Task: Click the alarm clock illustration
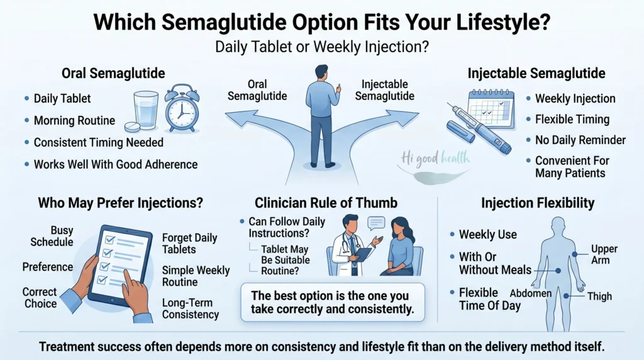[x=182, y=108]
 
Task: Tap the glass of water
[x=146, y=110]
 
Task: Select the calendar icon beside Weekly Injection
[x=492, y=108]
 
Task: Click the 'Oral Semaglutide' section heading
[x=113, y=73]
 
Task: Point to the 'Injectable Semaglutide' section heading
[x=536, y=73]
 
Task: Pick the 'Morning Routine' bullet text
[x=74, y=120]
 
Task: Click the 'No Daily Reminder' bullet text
[x=580, y=140]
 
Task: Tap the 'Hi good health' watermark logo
[x=435, y=165]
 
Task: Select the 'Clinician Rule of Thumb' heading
[x=326, y=203]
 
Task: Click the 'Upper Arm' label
[x=604, y=254]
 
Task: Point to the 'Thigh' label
[x=599, y=296]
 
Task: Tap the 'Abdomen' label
[x=531, y=293]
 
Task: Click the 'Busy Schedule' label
[x=52, y=236]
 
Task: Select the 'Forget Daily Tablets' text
[x=189, y=244]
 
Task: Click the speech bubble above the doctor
[x=376, y=223]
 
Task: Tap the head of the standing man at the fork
[x=321, y=72]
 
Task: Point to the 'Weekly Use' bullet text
[x=488, y=235]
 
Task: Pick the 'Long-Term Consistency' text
[x=190, y=308]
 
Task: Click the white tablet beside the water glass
[x=132, y=127]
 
